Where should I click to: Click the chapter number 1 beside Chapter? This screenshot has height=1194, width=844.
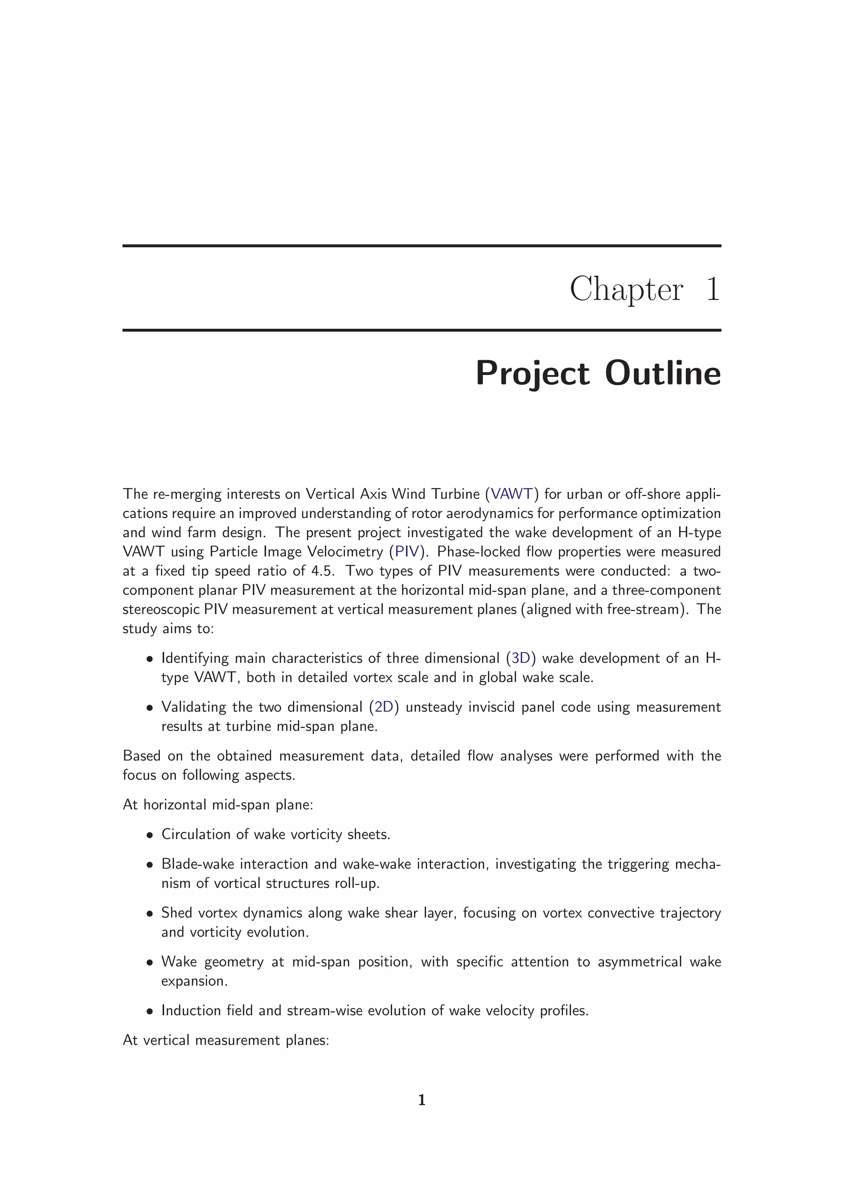click(x=713, y=289)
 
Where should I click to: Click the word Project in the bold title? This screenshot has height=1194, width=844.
click(x=532, y=375)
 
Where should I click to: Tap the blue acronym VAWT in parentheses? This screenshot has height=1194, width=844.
click(x=512, y=494)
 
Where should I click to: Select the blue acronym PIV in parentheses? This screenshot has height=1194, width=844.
click(x=407, y=551)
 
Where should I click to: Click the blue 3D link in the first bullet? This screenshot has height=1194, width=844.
click(x=520, y=658)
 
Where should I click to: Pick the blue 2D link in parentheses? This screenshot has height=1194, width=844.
click(x=384, y=707)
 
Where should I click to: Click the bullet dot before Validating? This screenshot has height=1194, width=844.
click(x=150, y=708)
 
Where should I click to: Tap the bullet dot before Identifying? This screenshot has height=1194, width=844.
click(x=150, y=659)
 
